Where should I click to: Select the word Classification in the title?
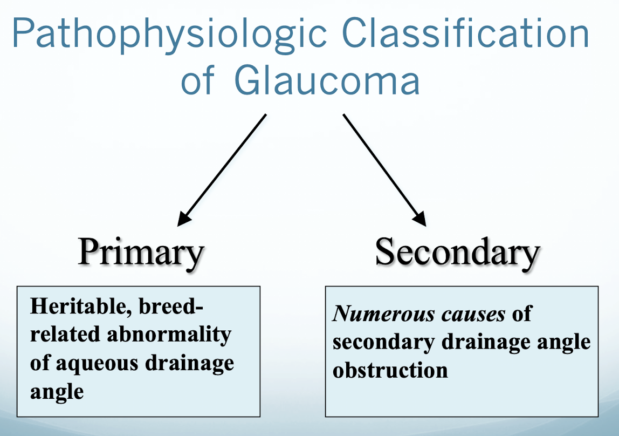pyautogui.click(x=465, y=33)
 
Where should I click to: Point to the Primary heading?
pyautogui.click(x=141, y=252)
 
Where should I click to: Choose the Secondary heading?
pyautogui.click(x=457, y=252)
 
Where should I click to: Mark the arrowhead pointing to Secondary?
pyautogui.click(x=419, y=219)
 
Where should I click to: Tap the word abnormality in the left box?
pyautogui.click(x=169, y=335)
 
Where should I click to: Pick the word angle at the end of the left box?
pyautogui.click(x=57, y=391)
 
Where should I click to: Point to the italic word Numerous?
pyautogui.click(x=375, y=314)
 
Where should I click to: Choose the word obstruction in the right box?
pyautogui.click(x=390, y=370)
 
